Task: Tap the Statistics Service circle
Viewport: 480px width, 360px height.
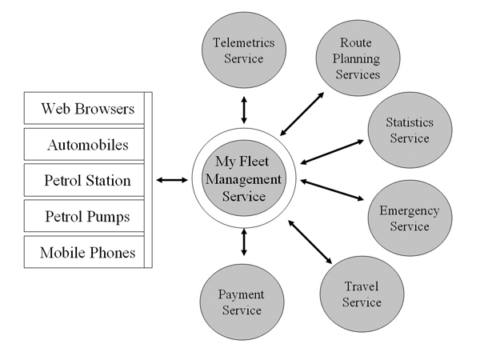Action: pyautogui.click(x=409, y=131)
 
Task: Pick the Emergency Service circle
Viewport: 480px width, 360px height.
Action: pyautogui.click(x=409, y=218)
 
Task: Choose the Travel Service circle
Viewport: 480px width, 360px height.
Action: pyautogui.click(x=361, y=294)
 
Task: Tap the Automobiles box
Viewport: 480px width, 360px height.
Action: pyautogui.click(x=87, y=145)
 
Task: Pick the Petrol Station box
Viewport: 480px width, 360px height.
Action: pyautogui.click(x=87, y=180)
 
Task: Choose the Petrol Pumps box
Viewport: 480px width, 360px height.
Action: pyautogui.click(x=87, y=216)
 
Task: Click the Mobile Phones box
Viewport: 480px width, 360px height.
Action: pyautogui.click(x=87, y=253)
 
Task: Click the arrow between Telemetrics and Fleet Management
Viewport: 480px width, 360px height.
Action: pyautogui.click(x=243, y=109)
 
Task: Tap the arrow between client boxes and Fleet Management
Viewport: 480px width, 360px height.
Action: pyautogui.click(x=171, y=180)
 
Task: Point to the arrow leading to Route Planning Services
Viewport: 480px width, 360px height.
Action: pyautogui.click(x=302, y=113)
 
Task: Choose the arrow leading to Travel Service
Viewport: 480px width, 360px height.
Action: pyautogui.click(x=310, y=242)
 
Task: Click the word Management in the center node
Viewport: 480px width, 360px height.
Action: pyautogui.click(x=242, y=181)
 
